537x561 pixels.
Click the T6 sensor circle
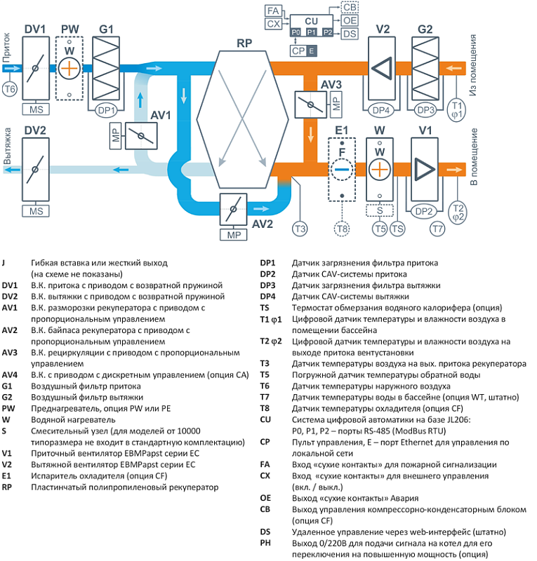(x=10, y=90)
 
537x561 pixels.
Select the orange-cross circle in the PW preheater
(x=69, y=68)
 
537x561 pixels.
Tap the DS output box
(x=350, y=33)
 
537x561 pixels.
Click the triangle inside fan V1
(x=423, y=169)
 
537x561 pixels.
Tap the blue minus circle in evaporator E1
(x=343, y=169)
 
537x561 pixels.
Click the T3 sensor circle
(x=300, y=229)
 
